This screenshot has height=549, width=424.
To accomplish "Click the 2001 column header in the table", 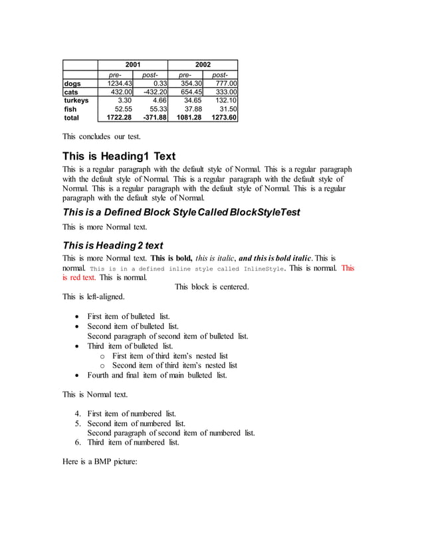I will click(x=133, y=64).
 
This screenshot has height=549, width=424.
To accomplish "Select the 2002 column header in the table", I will click(x=203, y=64).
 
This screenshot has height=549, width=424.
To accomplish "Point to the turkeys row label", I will click(x=76, y=100).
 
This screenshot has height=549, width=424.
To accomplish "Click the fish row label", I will click(x=70, y=109).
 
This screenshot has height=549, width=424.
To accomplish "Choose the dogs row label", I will click(x=72, y=83).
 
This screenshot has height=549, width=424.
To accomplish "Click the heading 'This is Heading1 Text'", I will click(x=119, y=157).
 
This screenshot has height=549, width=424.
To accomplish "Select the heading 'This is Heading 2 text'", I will click(x=112, y=246).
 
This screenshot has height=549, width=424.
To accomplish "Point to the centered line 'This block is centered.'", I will click(x=211, y=287).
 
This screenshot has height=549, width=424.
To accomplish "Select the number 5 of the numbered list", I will click(x=77, y=423).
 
